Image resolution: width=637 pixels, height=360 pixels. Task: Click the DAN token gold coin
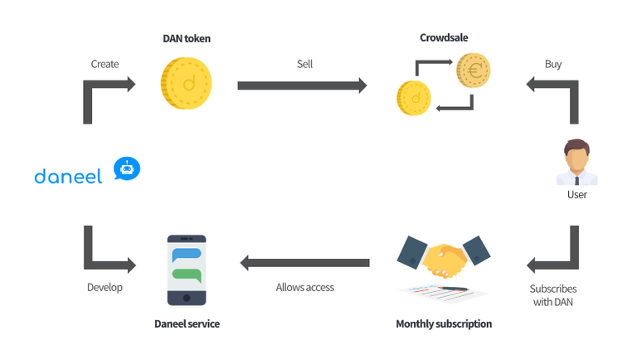(x=187, y=83)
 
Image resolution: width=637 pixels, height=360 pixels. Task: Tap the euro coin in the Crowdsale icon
(x=473, y=71)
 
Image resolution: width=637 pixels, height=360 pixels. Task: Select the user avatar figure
(x=576, y=163)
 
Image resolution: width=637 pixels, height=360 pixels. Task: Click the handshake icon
(x=442, y=260)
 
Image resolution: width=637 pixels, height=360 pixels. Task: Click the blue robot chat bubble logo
(x=127, y=169)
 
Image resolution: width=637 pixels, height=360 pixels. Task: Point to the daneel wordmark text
(x=68, y=176)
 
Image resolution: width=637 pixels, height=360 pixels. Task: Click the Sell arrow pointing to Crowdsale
(x=302, y=85)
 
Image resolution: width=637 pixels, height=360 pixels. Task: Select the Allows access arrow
(x=304, y=263)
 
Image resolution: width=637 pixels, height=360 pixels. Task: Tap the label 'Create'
(x=105, y=64)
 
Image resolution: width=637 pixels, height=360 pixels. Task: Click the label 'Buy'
(x=553, y=64)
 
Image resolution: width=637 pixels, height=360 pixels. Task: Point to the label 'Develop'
(x=105, y=288)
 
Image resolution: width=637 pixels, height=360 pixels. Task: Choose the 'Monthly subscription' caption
(x=444, y=324)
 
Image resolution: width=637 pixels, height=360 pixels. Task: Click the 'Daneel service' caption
(x=187, y=324)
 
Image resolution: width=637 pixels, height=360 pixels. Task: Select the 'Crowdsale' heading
(x=444, y=39)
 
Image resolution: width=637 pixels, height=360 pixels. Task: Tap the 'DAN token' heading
(x=187, y=39)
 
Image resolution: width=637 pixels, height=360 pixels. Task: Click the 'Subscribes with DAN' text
(x=553, y=295)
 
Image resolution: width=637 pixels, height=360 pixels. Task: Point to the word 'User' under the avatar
(x=576, y=195)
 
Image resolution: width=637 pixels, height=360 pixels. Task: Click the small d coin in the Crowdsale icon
(x=412, y=98)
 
